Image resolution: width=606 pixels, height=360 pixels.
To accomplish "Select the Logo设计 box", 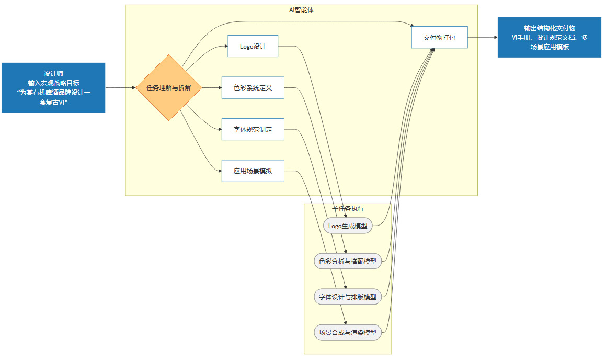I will click(x=253, y=47).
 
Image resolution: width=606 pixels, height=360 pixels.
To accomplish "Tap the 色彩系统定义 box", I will click(x=253, y=88).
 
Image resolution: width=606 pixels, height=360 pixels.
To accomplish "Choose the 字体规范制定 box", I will click(x=253, y=129).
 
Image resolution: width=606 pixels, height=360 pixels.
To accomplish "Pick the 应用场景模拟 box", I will click(x=253, y=171).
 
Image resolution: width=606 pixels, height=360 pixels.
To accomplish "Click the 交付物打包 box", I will click(x=439, y=38).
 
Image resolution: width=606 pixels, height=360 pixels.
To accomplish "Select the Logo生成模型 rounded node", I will click(x=348, y=226).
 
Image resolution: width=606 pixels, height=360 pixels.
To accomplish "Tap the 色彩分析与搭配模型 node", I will click(x=348, y=261).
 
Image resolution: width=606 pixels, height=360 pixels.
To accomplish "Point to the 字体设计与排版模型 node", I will click(x=348, y=297).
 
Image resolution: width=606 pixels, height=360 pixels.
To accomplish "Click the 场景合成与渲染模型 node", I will click(x=348, y=332).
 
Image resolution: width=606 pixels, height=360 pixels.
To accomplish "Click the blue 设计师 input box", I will click(x=53, y=88).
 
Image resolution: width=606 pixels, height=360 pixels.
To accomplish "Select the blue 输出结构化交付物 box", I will click(x=550, y=38).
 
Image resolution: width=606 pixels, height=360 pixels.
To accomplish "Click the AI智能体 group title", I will click(x=301, y=9).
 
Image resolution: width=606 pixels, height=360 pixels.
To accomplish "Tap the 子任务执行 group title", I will click(x=348, y=208).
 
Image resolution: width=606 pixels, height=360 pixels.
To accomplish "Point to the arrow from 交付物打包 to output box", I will click(x=482, y=38).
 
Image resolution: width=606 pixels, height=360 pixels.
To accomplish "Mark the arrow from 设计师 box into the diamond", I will click(x=120, y=88).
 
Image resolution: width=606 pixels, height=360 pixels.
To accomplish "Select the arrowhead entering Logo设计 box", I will click(x=225, y=47).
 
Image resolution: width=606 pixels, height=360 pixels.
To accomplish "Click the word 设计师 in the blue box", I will click(x=53, y=74).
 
